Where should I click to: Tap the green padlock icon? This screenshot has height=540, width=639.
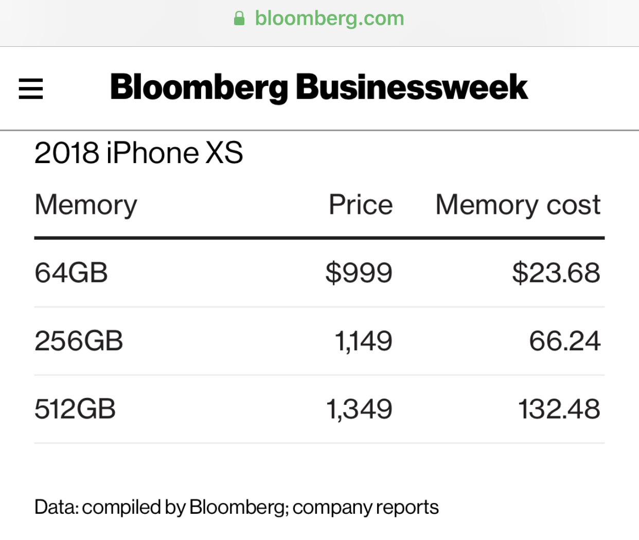(x=239, y=19)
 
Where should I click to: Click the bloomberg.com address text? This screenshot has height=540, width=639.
(x=329, y=19)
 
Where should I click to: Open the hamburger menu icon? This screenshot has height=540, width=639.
(x=31, y=88)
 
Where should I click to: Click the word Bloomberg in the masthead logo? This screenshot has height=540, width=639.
(x=199, y=87)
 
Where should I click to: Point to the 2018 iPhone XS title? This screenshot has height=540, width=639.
(x=138, y=153)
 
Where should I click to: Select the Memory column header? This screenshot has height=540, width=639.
(x=86, y=205)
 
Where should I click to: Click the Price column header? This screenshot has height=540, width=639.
(x=361, y=205)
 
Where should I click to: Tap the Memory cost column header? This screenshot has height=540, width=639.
(x=518, y=205)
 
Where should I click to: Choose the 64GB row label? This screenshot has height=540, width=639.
(x=71, y=273)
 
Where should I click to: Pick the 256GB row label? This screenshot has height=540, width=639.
(x=79, y=341)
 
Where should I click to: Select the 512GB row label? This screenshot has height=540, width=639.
(x=75, y=409)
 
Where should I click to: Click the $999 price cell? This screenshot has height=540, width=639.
(x=359, y=273)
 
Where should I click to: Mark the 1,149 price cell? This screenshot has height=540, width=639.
(x=363, y=341)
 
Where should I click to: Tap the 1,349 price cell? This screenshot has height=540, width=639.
(x=359, y=409)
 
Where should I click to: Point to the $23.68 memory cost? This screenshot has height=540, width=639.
(x=556, y=273)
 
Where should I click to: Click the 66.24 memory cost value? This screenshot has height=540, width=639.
(x=564, y=341)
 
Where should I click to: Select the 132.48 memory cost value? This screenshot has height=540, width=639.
(x=559, y=409)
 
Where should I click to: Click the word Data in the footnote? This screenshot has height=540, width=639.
(x=56, y=507)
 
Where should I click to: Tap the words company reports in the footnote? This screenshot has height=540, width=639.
(x=366, y=508)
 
